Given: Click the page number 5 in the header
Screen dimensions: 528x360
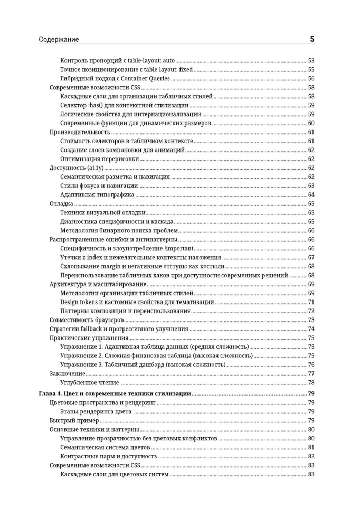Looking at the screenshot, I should coord(312,39).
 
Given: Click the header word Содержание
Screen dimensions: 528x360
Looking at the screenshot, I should coord(59,40).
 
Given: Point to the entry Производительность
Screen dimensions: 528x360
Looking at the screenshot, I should coord(79,132).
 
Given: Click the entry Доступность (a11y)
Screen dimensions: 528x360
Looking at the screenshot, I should coord(73,168).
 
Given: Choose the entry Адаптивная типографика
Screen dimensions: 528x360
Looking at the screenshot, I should coord(97,195).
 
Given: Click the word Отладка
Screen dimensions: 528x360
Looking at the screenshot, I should coord(60,204).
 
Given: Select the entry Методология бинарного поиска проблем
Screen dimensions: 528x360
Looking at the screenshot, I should coord(119,231).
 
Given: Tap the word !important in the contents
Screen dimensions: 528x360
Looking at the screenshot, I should coord(178,249).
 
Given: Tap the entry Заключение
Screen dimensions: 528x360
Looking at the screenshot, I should coord(67,374).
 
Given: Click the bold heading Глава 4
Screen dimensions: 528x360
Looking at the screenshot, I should coord(51,394).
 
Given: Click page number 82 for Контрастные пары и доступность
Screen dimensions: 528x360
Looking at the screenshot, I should coord(311,456).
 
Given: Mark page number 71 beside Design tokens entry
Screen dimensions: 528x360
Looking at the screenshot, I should coord(311,302).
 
